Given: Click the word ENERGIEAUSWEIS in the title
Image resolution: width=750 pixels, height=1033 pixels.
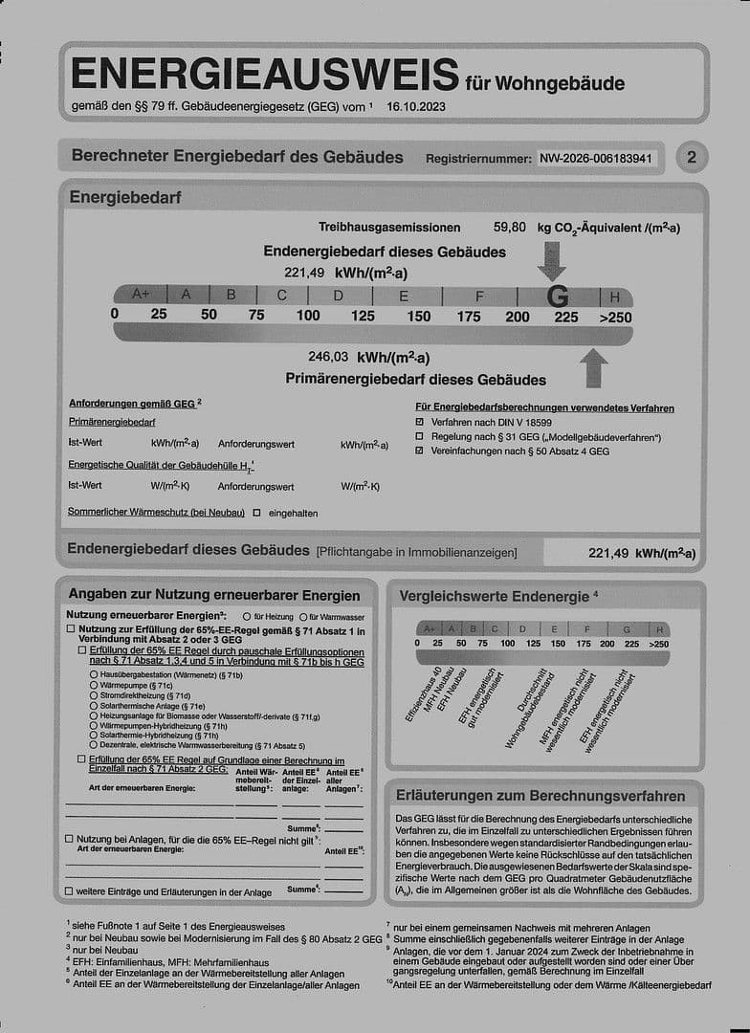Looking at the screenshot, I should pos(264,75).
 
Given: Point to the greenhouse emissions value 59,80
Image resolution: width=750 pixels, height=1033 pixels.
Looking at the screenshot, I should pos(509,228).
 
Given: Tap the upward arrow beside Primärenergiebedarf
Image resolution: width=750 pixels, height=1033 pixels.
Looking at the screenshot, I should pos(594,367).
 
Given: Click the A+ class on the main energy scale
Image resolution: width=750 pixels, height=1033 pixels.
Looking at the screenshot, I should pos(142,295).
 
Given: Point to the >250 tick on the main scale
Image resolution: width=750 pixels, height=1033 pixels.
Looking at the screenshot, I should pos(615,317).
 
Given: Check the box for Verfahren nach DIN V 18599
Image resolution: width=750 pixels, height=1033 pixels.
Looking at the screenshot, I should pos(420,422).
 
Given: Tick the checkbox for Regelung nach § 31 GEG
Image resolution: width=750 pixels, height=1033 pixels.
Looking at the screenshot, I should pos(420,436).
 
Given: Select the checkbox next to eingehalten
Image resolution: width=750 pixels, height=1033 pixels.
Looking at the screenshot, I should pos(256,513).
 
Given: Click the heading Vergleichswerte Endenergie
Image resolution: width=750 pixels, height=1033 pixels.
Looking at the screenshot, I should pos(494,596).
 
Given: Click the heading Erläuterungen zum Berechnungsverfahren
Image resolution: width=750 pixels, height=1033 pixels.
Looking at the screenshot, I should pos(542,796).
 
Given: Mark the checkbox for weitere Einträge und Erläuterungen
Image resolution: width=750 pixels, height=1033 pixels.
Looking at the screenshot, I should pos(69,891).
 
